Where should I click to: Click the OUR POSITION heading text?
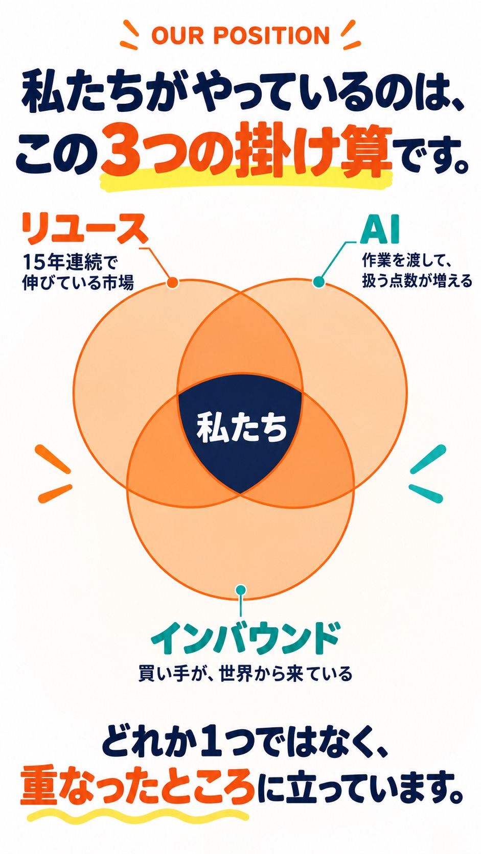(240, 35)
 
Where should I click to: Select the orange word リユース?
(85, 229)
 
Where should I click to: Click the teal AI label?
(380, 231)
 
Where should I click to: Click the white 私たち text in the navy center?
(241, 428)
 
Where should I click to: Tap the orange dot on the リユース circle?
(172, 282)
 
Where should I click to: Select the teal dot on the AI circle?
(318, 282)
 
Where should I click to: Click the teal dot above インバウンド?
(240, 590)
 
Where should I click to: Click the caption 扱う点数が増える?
(417, 281)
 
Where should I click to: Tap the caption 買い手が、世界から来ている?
(245, 674)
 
